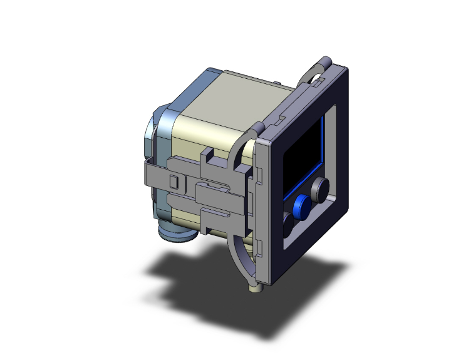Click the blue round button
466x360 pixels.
[303, 205]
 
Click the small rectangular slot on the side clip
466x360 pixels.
[175, 182]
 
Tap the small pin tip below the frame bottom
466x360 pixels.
[255, 289]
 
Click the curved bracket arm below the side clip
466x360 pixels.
[241, 257]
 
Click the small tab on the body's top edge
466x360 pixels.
[276, 83]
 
